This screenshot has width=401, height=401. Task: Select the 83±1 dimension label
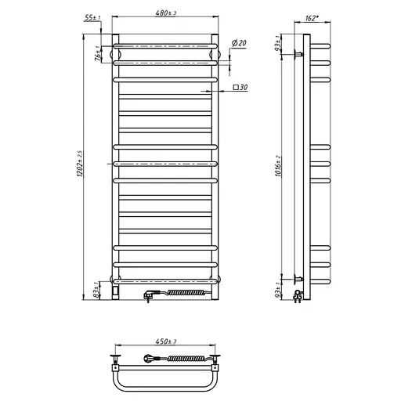tap(96, 291)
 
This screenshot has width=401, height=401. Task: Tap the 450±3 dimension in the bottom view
tap(164, 341)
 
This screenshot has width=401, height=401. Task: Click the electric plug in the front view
tap(151, 295)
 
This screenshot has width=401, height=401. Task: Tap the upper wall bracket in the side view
tap(298, 54)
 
